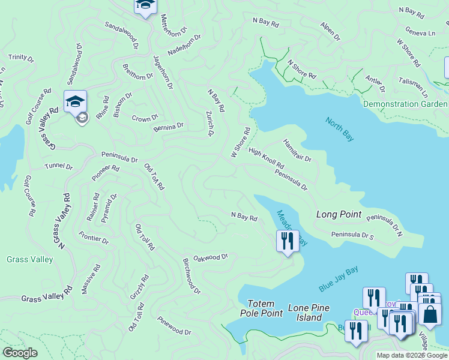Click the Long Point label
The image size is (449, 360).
tap(339, 214)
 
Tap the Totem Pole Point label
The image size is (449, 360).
tap(261, 308)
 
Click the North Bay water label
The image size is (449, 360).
tap(339, 129)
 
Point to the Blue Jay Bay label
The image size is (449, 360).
tap(339, 280)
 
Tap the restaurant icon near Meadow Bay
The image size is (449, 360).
tap(288, 241)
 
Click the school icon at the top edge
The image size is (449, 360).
tap(145, 5)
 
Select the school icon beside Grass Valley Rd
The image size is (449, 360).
tap(76, 101)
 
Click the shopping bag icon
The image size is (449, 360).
tap(430, 314)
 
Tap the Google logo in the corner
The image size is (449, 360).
tap(20, 353)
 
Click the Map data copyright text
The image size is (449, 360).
tap(412, 355)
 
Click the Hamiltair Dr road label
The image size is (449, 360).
tap(297, 150)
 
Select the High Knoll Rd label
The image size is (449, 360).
tap(266, 158)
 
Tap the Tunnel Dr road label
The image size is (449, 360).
tap(58, 166)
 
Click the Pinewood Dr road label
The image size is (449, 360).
tap(173, 326)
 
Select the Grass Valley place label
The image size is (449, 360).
tap(30, 259)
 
